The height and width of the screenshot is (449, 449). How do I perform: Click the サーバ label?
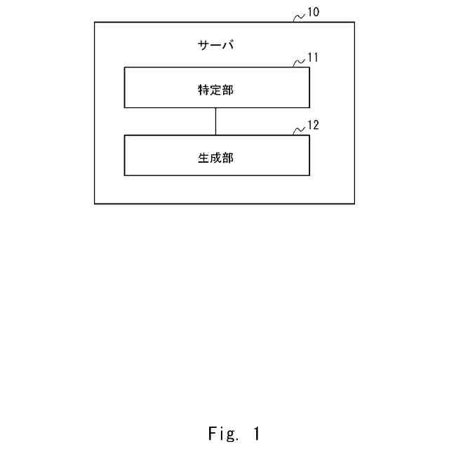coord(216,46)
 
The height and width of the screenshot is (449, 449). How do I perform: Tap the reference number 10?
coord(314,12)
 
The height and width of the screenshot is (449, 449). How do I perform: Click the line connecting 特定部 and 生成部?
coord(216,121)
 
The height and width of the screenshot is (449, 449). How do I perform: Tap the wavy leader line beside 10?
coord(299,16)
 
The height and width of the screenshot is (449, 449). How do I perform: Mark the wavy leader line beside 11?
coord(299,62)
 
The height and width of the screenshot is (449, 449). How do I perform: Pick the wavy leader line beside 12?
coord(299,130)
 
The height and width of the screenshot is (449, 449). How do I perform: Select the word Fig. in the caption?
coord(224,434)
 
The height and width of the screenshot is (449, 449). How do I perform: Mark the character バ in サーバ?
coord(228,46)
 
